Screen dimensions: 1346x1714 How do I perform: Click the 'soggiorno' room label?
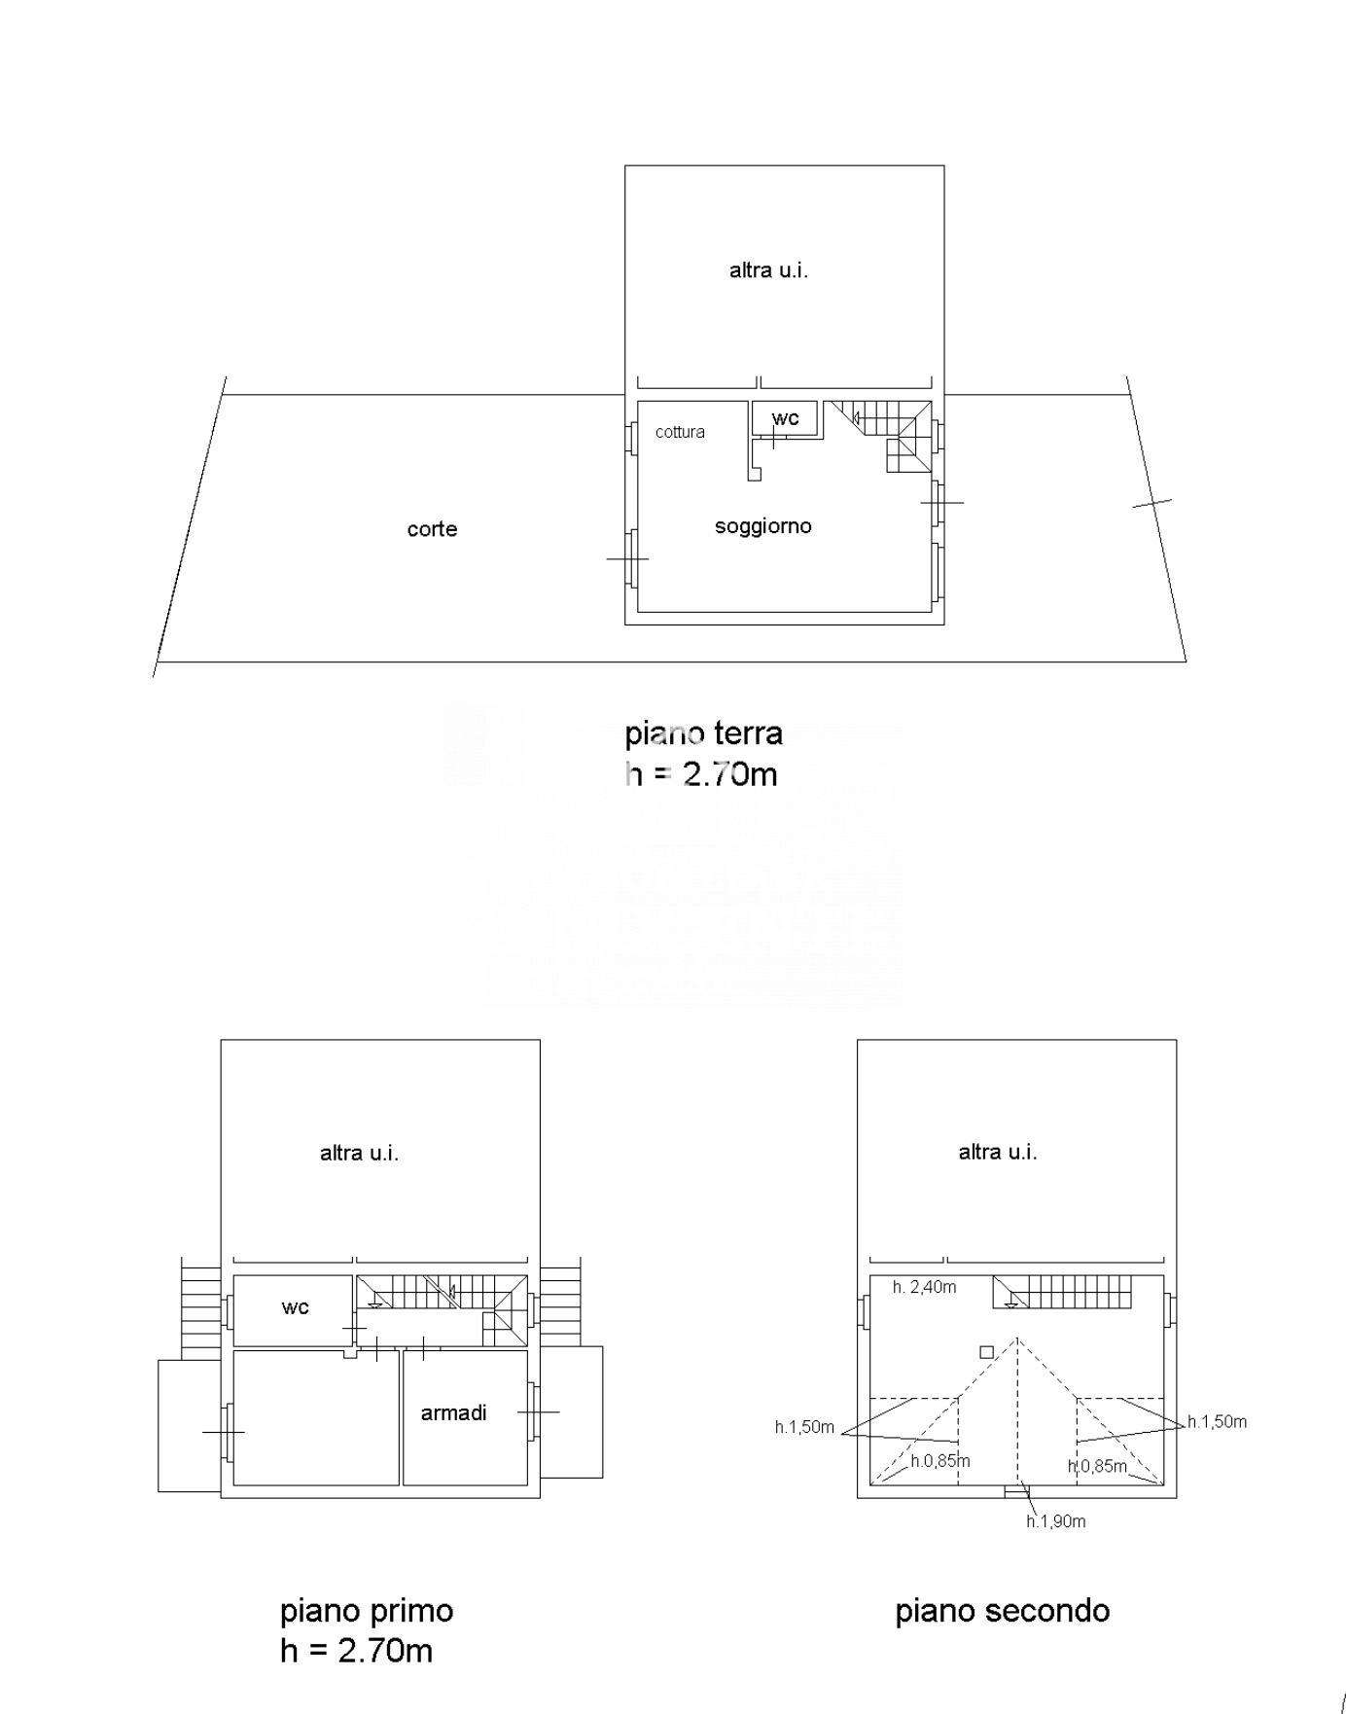[763, 526]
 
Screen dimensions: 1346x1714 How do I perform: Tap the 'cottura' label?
[680, 432]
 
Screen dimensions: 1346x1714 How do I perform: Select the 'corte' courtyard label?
[432, 529]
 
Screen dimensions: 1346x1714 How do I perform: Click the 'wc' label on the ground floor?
[786, 418]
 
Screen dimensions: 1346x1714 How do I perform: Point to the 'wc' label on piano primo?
[296, 1307]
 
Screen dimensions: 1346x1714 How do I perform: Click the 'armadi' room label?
[453, 1412]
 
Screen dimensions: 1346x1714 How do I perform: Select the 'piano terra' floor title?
[703, 732]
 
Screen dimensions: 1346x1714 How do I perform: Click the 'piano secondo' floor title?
[1003, 1611]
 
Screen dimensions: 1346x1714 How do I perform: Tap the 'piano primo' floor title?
[367, 1611]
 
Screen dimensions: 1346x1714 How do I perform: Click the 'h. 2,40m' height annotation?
[924, 1287]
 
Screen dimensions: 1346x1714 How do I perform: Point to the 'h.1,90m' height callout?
[1056, 1521]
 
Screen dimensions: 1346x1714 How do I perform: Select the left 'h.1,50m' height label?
[804, 1427]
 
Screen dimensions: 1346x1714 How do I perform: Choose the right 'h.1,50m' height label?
[1217, 1421]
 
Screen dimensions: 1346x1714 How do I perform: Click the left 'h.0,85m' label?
[940, 1461]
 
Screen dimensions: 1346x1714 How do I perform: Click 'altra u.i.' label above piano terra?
[768, 270]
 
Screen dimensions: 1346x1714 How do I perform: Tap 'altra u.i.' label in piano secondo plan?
[998, 1152]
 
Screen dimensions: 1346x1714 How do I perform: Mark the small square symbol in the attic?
[986, 1352]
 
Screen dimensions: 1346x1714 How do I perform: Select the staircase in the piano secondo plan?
[1063, 1293]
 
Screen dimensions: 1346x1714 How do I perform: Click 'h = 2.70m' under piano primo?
[356, 1651]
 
